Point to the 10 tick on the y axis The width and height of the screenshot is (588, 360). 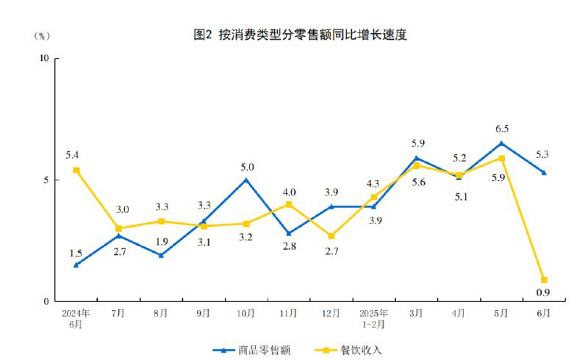43,58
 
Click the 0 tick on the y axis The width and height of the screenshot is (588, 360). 46,301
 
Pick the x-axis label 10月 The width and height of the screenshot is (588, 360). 245,313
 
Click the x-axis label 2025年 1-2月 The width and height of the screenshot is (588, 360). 373,317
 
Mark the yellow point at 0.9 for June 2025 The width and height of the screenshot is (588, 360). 544,280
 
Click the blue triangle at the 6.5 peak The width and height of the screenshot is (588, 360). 501,143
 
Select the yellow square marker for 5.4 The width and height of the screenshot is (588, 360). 76,170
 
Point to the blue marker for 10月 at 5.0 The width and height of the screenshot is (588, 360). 245,179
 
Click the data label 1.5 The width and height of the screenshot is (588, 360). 76,253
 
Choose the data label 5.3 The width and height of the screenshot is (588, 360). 543,154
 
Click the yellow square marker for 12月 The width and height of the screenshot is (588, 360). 331,236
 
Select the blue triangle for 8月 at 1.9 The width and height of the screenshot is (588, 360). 161,255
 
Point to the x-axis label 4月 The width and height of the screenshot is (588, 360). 458,313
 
